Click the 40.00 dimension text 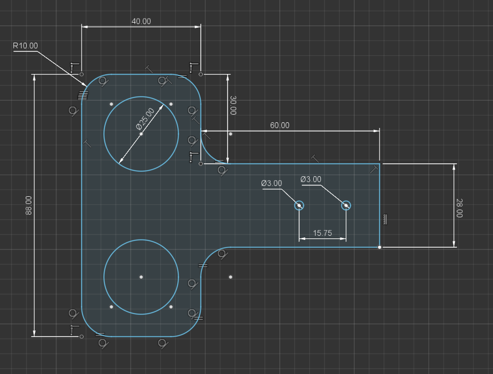pyautogui.click(x=141, y=22)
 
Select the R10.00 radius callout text pyautogui.click(x=25, y=46)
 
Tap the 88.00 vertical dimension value pyautogui.click(x=29, y=205)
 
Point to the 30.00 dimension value pyautogui.click(x=233, y=105)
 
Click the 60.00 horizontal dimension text pyautogui.click(x=279, y=125)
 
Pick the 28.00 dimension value pyautogui.click(x=459, y=208)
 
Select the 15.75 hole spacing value pyautogui.click(x=323, y=233)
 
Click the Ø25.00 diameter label pyautogui.click(x=145, y=119)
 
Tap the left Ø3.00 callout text pyautogui.click(x=271, y=183)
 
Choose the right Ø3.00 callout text pyautogui.click(x=311, y=179)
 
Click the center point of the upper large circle pyautogui.click(x=141, y=134)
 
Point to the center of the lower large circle pyautogui.click(x=141, y=277)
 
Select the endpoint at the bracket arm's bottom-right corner pyautogui.click(x=380, y=247)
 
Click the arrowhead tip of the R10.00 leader pyautogui.click(x=86, y=86)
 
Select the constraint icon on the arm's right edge pyautogui.click(x=385, y=219)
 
